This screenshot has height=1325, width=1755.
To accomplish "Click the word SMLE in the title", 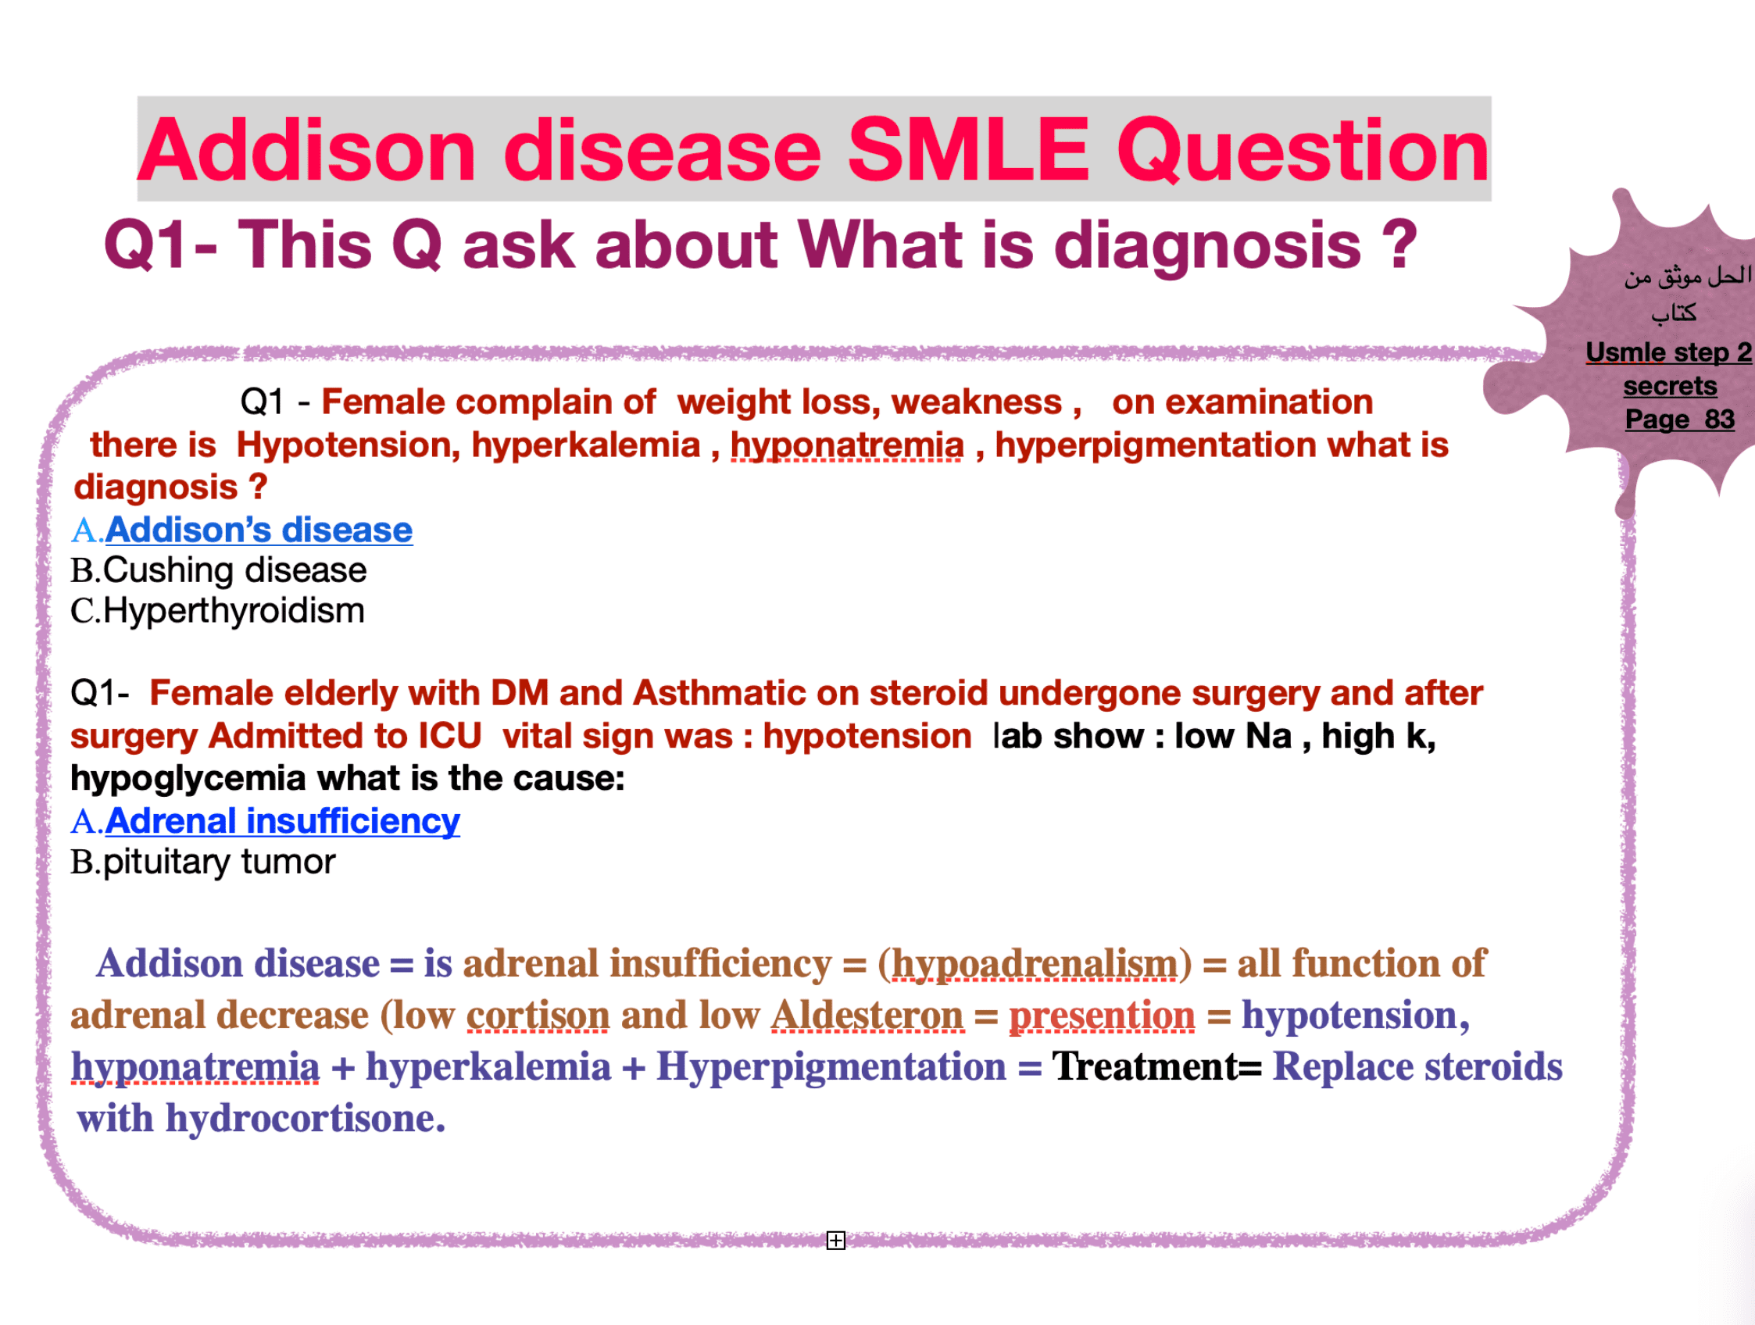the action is click(x=969, y=150).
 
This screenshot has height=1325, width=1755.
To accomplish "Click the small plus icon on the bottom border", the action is click(x=835, y=1239).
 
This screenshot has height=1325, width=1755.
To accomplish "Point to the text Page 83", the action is click(x=1680, y=418).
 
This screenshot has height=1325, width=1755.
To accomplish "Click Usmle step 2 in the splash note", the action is click(x=1668, y=352).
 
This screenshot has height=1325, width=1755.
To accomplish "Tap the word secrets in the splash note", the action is click(x=1670, y=386).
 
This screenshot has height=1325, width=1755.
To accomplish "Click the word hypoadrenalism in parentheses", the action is click(x=1035, y=964).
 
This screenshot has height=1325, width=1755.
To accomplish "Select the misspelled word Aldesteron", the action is click(x=867, y=1016).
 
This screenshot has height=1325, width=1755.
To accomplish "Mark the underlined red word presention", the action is click(x=1101, y=1016).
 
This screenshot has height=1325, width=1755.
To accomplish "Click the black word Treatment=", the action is click(x=1156, y=1066).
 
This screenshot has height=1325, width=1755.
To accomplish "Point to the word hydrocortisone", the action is click(x=306, y=1119).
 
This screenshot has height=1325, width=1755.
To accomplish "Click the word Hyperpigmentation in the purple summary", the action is click(x=831, y=1067).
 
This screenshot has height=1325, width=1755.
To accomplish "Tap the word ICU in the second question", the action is click(x=450, y=735).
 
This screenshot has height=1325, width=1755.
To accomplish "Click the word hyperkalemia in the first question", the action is click(x=586, y=445).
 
